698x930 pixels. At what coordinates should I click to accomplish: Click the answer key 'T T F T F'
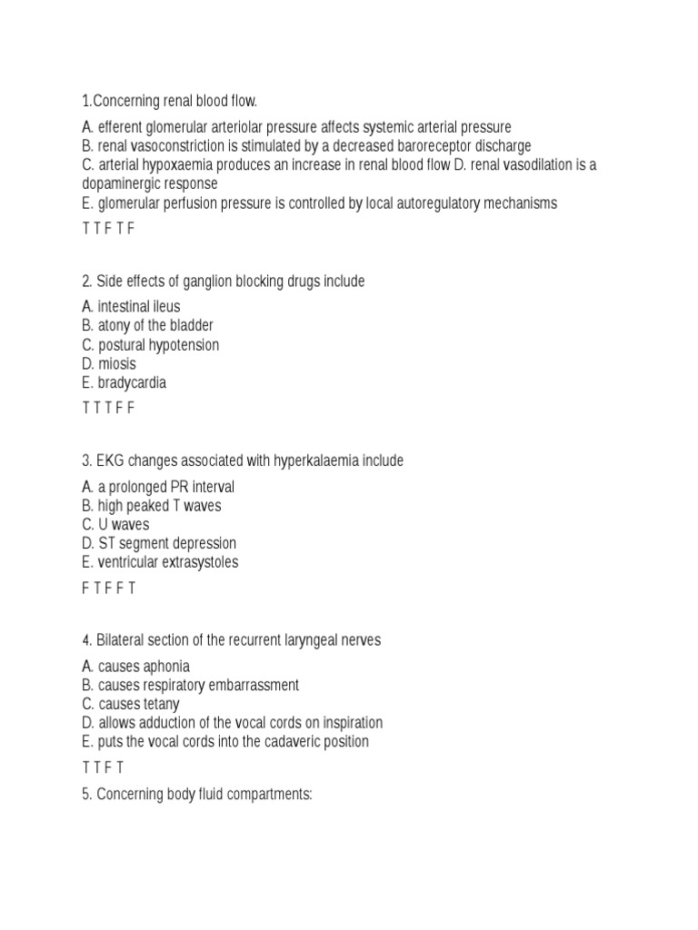click(108, 229)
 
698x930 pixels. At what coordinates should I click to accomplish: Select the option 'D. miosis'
click(108, 364)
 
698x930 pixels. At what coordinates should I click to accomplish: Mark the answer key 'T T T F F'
click(108, 409)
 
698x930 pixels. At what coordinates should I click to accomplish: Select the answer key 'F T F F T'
click(109, 589)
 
